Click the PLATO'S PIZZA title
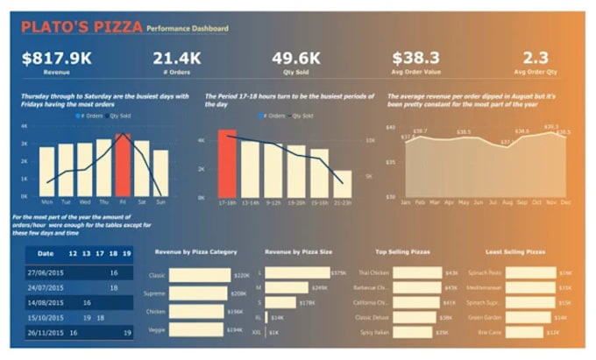82,27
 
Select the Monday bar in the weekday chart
46,171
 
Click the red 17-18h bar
227,164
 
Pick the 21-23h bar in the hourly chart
342,183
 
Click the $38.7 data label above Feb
420,131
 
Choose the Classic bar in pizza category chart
199,275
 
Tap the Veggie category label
157,329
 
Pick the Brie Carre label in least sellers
489,332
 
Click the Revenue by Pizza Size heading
298,252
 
